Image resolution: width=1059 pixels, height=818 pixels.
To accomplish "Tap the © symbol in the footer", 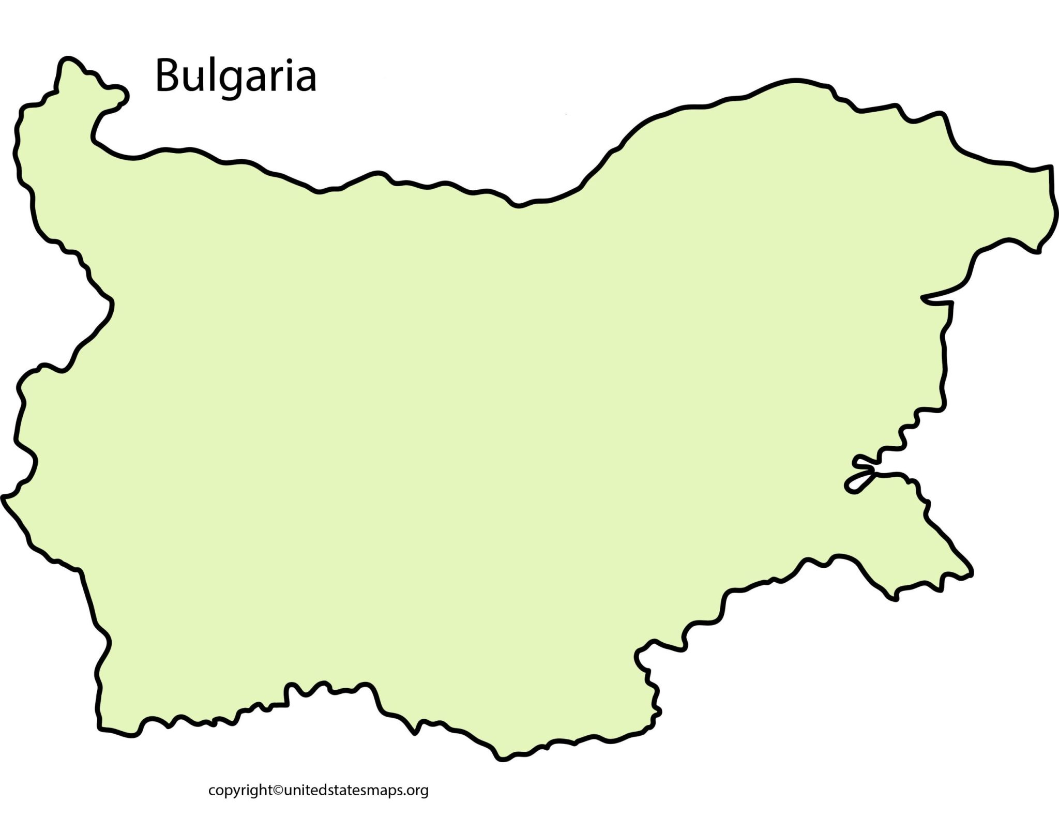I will [278, 790].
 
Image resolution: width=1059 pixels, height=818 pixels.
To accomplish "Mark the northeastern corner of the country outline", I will [1050, 168].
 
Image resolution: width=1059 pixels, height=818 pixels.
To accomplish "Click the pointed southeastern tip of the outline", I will [971, 573].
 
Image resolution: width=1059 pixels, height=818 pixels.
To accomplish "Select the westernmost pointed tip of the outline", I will [4, 497].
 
